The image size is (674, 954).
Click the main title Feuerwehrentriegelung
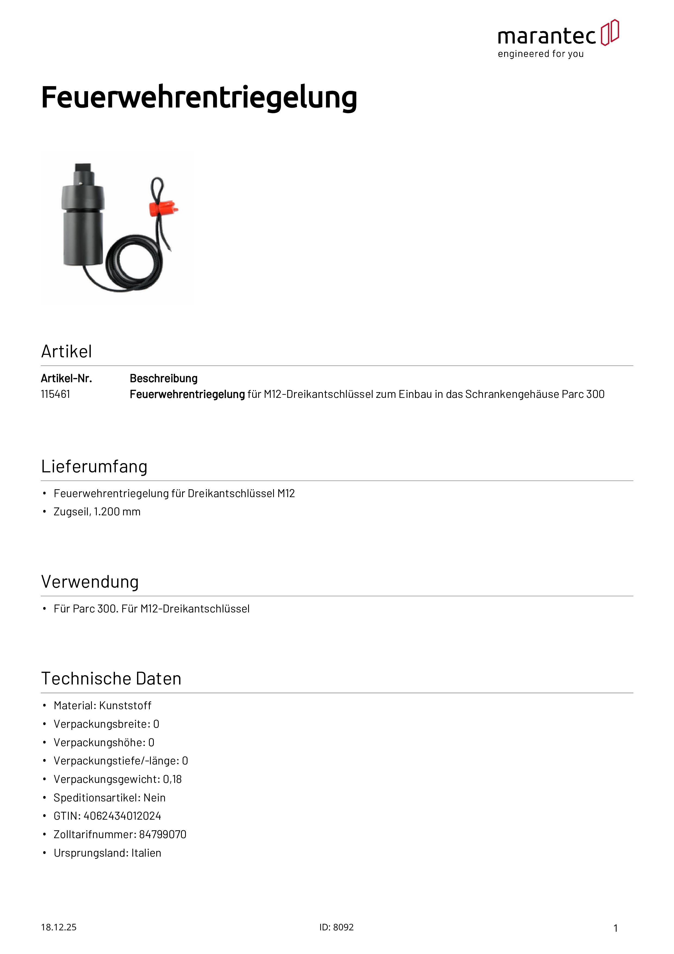coord(199,97)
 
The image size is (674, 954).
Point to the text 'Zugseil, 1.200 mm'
coord(97,512)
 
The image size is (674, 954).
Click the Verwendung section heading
coord(90,582)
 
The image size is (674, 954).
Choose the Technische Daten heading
coord(111,679)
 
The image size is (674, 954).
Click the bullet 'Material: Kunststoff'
coord(102,705)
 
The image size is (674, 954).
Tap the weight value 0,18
coord(172,779)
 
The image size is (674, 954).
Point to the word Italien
coord(146,853)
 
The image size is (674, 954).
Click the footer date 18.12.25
coord(58,927)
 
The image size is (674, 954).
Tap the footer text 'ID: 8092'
coord(336,927)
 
